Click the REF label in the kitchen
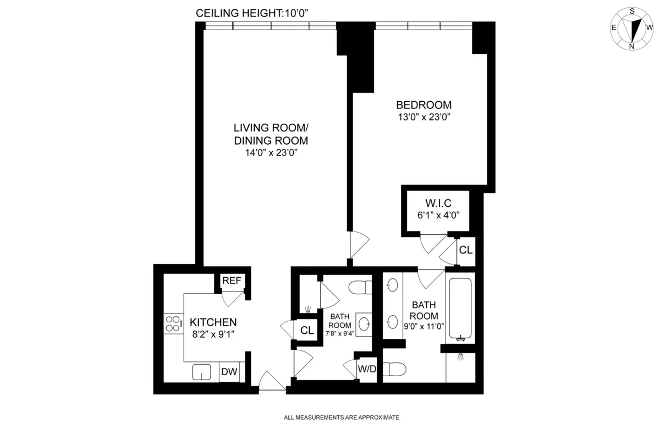pos(232,281)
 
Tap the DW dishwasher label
pos(229,372)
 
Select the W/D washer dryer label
pos(367,369)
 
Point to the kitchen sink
pos(202,372)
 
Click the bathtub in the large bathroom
pos(461,310)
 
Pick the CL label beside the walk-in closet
pos(465,250)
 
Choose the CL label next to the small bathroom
pos(307,331)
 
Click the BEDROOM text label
pos(424,105)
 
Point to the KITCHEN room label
pos(213,322)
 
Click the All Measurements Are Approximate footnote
pos(341,418)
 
